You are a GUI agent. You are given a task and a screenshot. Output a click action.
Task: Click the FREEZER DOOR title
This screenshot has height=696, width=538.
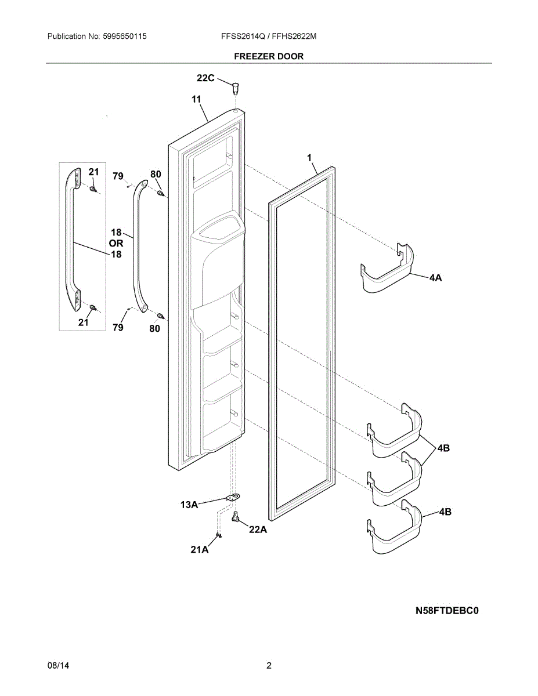pos(269,56)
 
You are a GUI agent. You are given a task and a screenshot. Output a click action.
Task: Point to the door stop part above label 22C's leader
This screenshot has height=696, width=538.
pos(235,88)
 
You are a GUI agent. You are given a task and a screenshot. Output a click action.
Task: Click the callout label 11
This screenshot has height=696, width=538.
pos(197,100)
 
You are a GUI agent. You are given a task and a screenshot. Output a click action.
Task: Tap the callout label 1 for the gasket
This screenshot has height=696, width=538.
pos(309,157)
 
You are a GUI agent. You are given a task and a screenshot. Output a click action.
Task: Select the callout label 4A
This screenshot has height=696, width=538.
pos(435,278)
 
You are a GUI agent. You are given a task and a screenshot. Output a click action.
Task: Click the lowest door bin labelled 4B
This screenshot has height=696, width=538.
pos(393,529)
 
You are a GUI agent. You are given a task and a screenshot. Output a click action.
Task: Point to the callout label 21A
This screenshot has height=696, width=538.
pos(200,549)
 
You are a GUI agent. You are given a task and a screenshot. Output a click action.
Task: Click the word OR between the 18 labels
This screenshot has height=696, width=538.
pos(116,244)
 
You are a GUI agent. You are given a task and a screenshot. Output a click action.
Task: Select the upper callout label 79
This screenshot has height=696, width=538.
pos(118,176)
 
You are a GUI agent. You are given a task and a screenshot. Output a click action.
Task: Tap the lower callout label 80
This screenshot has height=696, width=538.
pos(154,328)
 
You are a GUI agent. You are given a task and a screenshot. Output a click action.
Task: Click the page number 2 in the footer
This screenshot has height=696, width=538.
pos(269,666)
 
